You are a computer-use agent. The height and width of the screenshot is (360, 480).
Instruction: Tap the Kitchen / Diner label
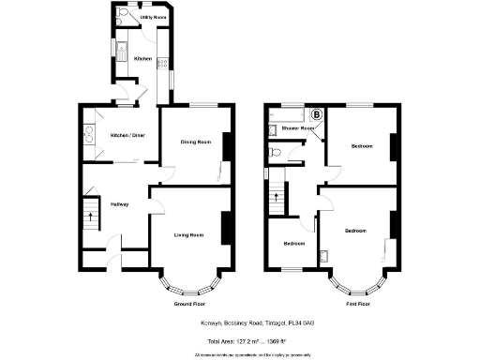tap(127, 134)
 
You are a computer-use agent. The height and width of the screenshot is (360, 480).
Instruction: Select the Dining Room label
tap(196, 142)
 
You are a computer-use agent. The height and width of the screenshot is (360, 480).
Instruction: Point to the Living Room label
tap(189, 234)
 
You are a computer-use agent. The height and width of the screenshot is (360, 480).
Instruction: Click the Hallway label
tap(120, 204)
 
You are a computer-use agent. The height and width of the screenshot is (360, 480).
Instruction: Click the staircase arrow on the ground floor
tap(90, 218)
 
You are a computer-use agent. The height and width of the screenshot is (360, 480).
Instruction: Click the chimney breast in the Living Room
tap(226, 228)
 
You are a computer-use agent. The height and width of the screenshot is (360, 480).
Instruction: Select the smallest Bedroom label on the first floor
tap(294, 244)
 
